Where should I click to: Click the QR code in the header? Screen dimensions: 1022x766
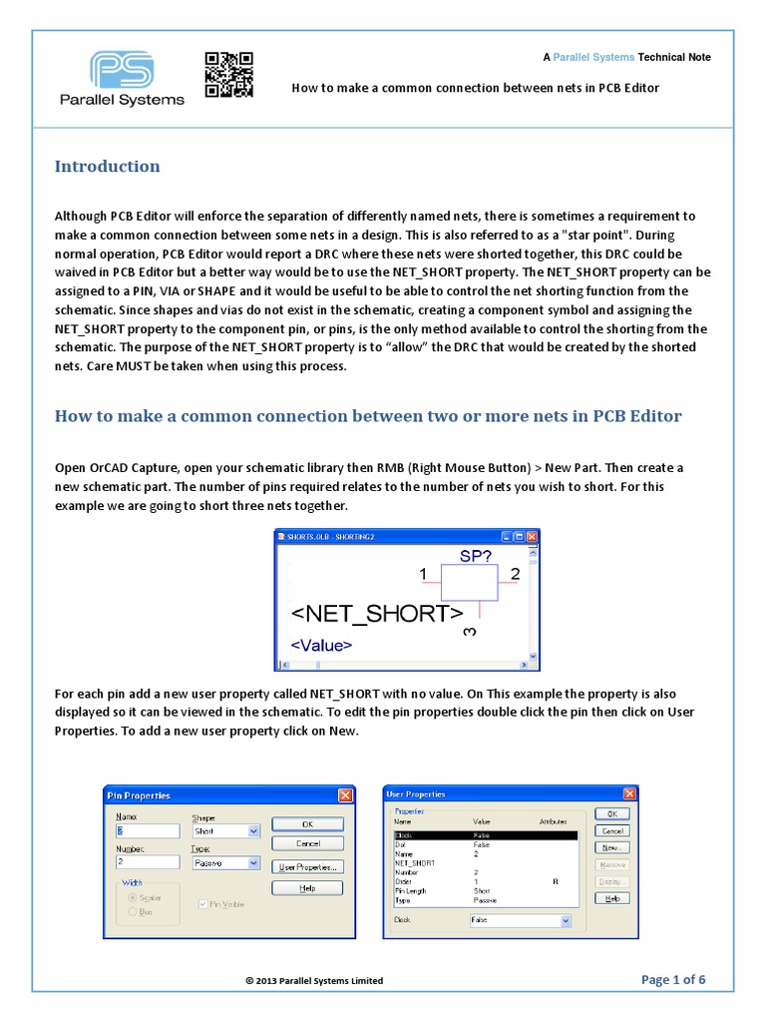click(228, 75)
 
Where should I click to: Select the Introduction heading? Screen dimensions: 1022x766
click(107, 167)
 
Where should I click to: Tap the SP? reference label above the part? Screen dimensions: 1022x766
click(476, 555)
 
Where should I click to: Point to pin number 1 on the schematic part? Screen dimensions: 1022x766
click(423, 575)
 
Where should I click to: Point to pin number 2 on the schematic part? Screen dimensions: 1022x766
click(515, 575)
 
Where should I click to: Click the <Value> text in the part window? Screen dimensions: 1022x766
click(321, 645)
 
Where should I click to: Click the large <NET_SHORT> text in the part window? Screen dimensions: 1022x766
click(377, 614)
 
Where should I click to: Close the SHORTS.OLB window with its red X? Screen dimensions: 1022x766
click(532, 536)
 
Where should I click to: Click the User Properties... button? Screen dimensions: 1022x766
click(308, 866)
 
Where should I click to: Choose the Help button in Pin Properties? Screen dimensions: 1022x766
click(308, 887)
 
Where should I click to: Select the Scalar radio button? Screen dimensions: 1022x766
click(132, 897)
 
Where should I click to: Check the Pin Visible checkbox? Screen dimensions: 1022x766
click(204, 904)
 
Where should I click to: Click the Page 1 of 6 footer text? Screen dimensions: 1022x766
click(673, 979)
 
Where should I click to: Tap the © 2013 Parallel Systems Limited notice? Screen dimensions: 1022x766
click(314, 981)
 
